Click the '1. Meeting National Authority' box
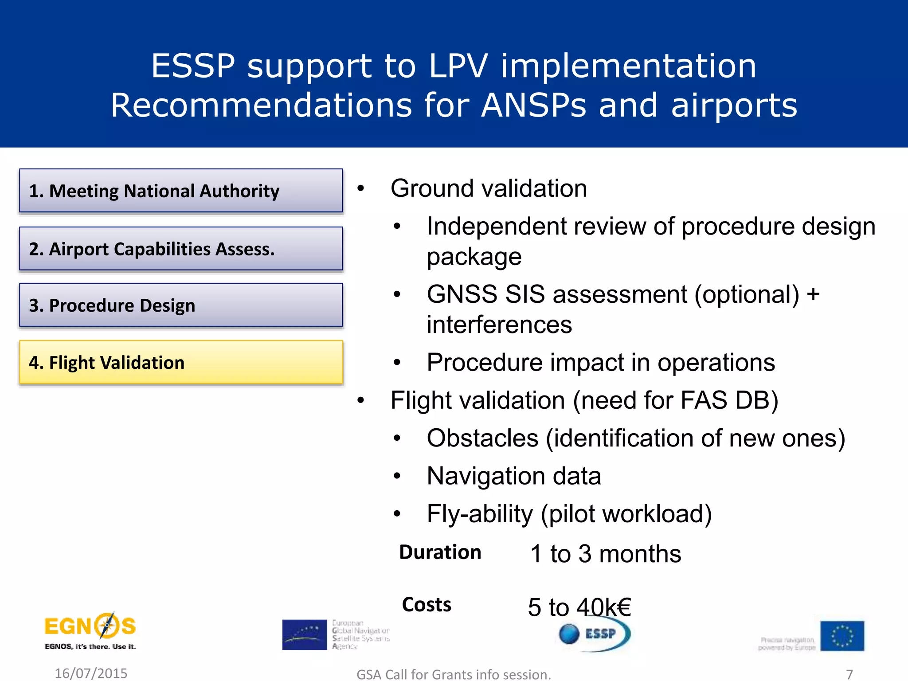coord(181,191)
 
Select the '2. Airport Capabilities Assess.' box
coord(181,249)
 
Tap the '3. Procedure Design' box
coord(181,305)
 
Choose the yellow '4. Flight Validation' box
coord(181,362)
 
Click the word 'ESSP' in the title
coord(193,66)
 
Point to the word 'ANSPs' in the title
coord(534,106)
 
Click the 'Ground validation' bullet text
coord(489,188)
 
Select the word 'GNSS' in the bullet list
coord(462,294)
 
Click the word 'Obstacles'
coord(482,438)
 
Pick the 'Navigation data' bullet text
coord(513,476)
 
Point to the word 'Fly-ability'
coord(480,514)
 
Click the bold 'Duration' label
coord(440,552)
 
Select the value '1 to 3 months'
coord(605,554)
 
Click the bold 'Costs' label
coord(427,605)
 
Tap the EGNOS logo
coord(90,630)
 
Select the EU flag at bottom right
coord(841,636)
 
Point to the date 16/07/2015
coord(91,673)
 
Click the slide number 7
coord(849,674)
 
